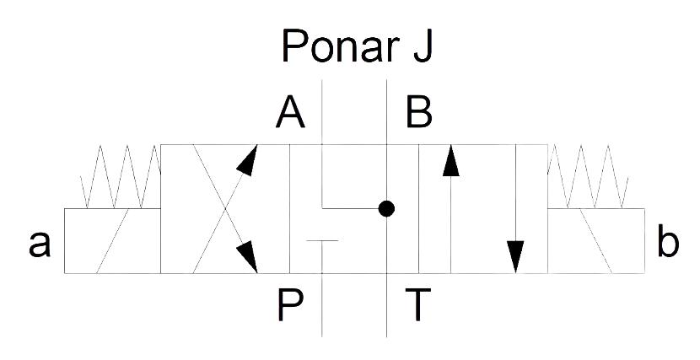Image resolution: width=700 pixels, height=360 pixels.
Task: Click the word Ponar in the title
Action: click(x=340, y=46)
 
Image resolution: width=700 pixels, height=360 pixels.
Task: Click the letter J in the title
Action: click(x=423, y=46)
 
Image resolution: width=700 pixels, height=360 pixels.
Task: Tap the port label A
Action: click(x=290, y=113)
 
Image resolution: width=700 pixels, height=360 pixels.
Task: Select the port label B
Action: click(x=419, y=113)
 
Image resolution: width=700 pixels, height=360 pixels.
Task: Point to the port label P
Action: click(x=290, y=305)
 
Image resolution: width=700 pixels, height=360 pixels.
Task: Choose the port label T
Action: click(x=417, y=305)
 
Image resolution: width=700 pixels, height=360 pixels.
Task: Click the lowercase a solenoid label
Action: click(x=40, y=244)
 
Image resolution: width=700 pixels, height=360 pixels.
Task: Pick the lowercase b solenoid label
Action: click(x=668, y=241)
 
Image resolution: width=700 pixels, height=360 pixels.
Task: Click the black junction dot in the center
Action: click(x=386, y=208)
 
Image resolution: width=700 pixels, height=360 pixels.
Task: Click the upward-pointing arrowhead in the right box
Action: click(x=451, y=160)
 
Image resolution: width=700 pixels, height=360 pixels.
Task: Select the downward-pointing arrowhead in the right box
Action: click(x=515, y=256)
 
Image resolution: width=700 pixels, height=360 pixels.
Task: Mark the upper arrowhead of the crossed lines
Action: click(x=248, y=159)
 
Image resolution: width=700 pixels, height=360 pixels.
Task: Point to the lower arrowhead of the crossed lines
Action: click(x=247, y=256)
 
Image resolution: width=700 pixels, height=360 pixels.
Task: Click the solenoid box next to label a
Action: click(x=112, y=241)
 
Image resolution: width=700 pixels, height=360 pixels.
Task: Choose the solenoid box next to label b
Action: click(x=596, y=241)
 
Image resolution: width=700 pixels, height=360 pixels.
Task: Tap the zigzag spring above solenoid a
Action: click(x=121, y=177)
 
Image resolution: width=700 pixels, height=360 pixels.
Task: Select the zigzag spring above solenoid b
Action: click(x=588, y=177)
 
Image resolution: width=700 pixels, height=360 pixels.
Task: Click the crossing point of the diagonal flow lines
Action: click(x=225, y=209)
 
